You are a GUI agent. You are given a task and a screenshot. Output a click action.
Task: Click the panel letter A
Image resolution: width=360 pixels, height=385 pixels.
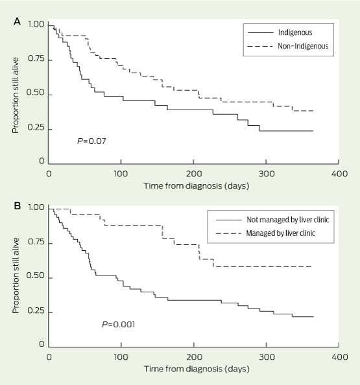[17, 21]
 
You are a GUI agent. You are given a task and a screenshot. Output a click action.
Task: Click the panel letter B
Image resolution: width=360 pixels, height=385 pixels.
[17, 205]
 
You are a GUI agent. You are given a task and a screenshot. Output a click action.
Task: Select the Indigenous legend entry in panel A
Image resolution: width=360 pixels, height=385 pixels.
[280, 32]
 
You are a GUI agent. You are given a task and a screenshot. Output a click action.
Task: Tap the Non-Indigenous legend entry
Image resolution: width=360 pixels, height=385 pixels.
[288, 46]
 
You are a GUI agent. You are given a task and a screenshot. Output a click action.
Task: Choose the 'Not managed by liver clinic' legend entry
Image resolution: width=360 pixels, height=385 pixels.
[272, 220]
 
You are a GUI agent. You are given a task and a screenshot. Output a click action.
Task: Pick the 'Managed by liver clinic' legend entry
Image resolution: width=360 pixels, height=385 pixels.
[265, 233]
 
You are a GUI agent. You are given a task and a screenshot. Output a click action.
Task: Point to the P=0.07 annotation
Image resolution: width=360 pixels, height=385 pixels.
[91, 141]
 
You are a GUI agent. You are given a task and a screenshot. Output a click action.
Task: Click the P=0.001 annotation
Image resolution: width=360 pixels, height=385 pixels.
[119, 325]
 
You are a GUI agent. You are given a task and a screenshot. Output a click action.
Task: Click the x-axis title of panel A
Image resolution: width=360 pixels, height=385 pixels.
[197, 185]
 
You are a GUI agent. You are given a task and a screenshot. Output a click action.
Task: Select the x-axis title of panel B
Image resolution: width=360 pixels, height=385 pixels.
[197, 369]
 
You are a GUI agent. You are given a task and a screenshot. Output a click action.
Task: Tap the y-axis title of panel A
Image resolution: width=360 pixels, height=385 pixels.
[16, 95]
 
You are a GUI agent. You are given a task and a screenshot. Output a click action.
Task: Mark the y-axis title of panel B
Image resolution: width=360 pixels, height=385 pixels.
[16, 275]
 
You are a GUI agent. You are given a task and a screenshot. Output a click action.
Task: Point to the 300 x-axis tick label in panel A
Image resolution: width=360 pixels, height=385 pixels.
[267, 174]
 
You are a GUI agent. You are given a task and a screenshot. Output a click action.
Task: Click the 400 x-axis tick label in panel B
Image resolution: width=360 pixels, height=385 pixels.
[339, 356]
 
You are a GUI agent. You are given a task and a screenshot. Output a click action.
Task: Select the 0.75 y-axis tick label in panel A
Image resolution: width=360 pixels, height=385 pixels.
[36, 59]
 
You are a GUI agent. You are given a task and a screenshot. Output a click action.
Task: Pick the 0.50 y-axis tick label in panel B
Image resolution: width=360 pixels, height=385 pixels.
[36, 275]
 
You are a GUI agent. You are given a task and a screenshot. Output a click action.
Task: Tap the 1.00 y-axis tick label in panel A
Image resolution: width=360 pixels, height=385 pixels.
[36, 25]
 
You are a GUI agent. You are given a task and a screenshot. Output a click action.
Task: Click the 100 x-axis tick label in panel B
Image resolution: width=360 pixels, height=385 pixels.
[121, 356]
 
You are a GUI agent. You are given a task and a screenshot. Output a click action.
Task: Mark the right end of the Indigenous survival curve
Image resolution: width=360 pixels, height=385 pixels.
[313, 131]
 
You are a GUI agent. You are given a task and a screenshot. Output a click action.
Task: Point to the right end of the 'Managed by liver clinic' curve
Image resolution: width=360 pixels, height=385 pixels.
[311, 266]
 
